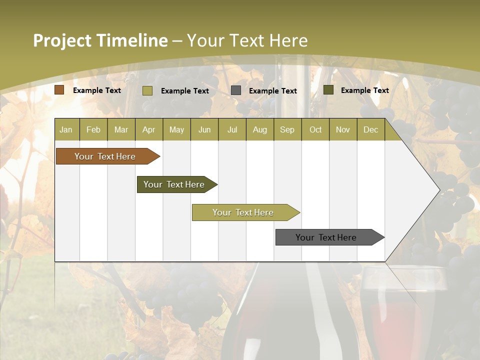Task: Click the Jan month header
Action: pos(66,129)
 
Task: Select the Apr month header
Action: pos(148,129)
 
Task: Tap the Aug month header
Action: pos(259,129)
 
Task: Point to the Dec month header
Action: pos(370,129)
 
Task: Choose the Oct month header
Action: pos(315,129)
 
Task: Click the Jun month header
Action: pos(204,129)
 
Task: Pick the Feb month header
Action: pos(93,129)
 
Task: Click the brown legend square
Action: pos(59,90)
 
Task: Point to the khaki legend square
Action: pos(147,90)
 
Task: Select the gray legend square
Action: pos(236,90)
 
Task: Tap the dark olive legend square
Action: pos(328,90)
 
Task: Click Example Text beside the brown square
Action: pos(97,90)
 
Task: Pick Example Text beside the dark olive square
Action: pos(365,90)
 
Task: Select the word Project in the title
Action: pos(61,40)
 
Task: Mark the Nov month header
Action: pos(342,129)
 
